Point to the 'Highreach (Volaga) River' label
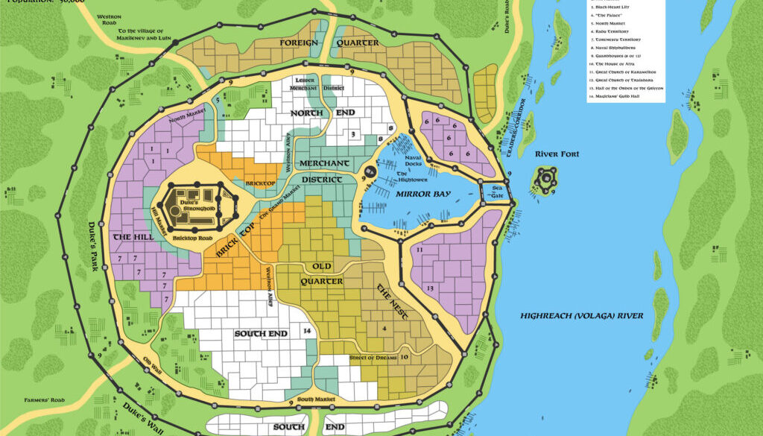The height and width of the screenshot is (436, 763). [581, 315]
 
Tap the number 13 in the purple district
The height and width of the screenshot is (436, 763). [429, 288]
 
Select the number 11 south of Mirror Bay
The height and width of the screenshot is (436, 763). [420, 250]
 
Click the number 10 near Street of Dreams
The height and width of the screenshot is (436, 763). [403, 358]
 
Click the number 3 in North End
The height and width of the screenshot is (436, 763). [352, 134]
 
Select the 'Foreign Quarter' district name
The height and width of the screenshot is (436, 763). [329, 43]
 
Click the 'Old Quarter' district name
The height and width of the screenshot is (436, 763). [322, 274]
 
